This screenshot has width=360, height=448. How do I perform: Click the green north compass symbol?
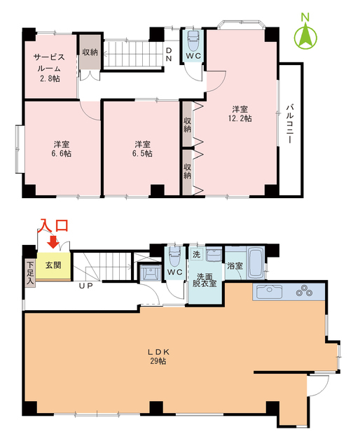pyautogui.click(x=305, y=36)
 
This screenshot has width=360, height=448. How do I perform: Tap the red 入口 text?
pyautogui.click(x=53, y=225)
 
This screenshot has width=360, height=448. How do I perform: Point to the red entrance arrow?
pyautogui.click(x=53, y=242)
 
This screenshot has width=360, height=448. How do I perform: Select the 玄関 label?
pyautogui.click(x=53, y=266)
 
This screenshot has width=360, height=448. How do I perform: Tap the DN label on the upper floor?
pyautogui.click(x=169, y=54)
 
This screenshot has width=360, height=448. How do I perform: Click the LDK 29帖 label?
pyautogui.click(x=156, y=356)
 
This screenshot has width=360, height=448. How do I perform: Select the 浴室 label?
pyautogui.click(x=235, y=266)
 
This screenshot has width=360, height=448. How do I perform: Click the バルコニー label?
pyautogui.click(x=289, y=125)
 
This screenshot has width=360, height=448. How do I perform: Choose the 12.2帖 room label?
pyautogui.click(x=240, y=113)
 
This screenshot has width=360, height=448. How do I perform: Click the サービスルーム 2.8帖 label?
pyautogui.click(x=49, y=69)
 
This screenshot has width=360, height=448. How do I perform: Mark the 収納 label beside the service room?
pyautogui.click(x=89, y=52)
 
